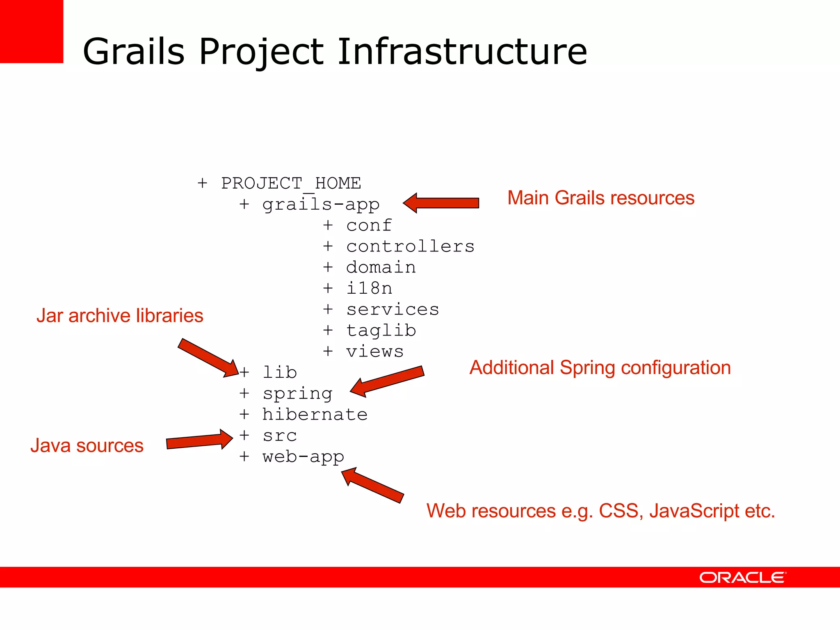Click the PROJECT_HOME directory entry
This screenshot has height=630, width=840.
point(291,183)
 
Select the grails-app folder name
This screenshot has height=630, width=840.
point(321,204)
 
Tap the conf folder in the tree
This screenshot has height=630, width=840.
point(369,225)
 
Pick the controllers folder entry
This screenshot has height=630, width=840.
point(410,247)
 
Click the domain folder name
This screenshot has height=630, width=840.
point(381,267)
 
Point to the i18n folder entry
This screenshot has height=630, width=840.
point(369,288)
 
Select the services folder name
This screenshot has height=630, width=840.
point(393,310)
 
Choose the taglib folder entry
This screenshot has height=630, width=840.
point(381,331)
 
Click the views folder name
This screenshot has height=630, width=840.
point(375,352)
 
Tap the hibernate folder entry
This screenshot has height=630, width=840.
point(315,415)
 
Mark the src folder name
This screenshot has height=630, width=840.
point(280,436)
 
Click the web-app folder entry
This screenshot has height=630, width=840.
point(303,457)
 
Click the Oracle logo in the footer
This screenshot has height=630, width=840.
point(743,577)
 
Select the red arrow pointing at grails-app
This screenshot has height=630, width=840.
point(441,203)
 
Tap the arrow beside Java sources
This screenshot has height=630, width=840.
point(199,440)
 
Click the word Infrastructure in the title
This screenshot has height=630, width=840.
point(462,52)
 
